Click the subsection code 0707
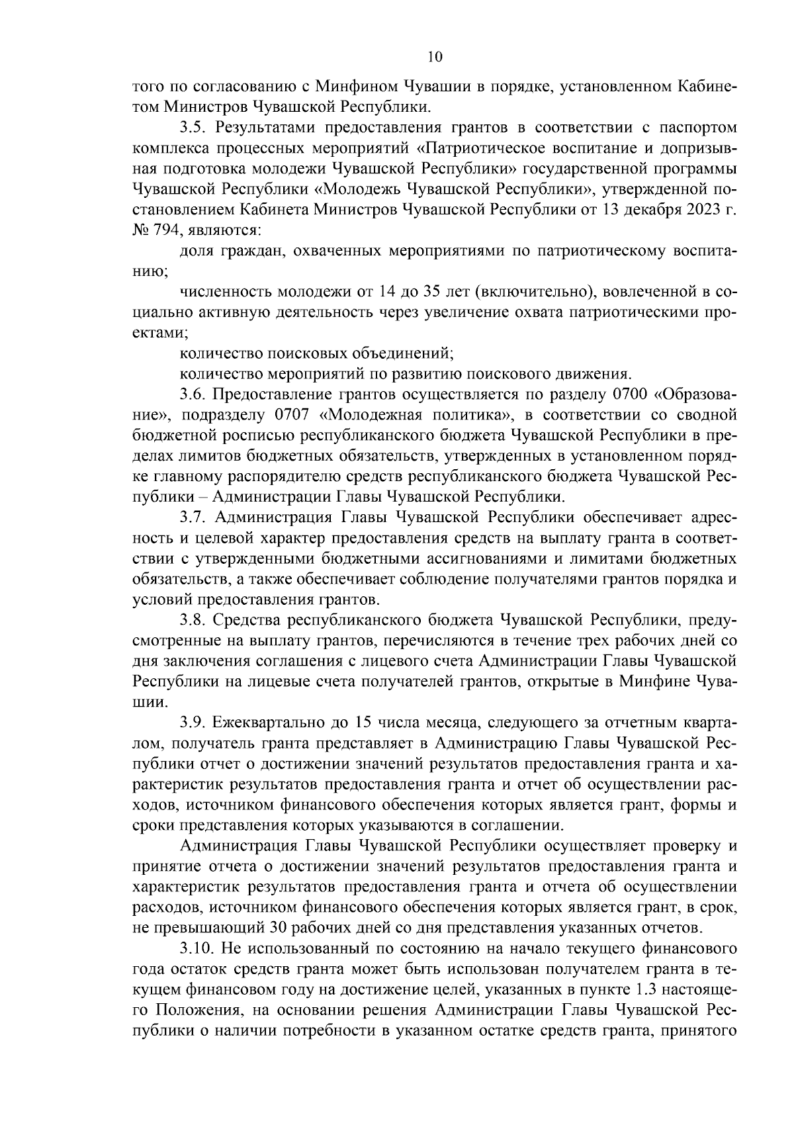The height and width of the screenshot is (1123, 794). (x=290, y=415)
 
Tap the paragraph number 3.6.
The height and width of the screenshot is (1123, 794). (x=192, y=395)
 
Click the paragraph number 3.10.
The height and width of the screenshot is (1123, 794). (x=196, y=948)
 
